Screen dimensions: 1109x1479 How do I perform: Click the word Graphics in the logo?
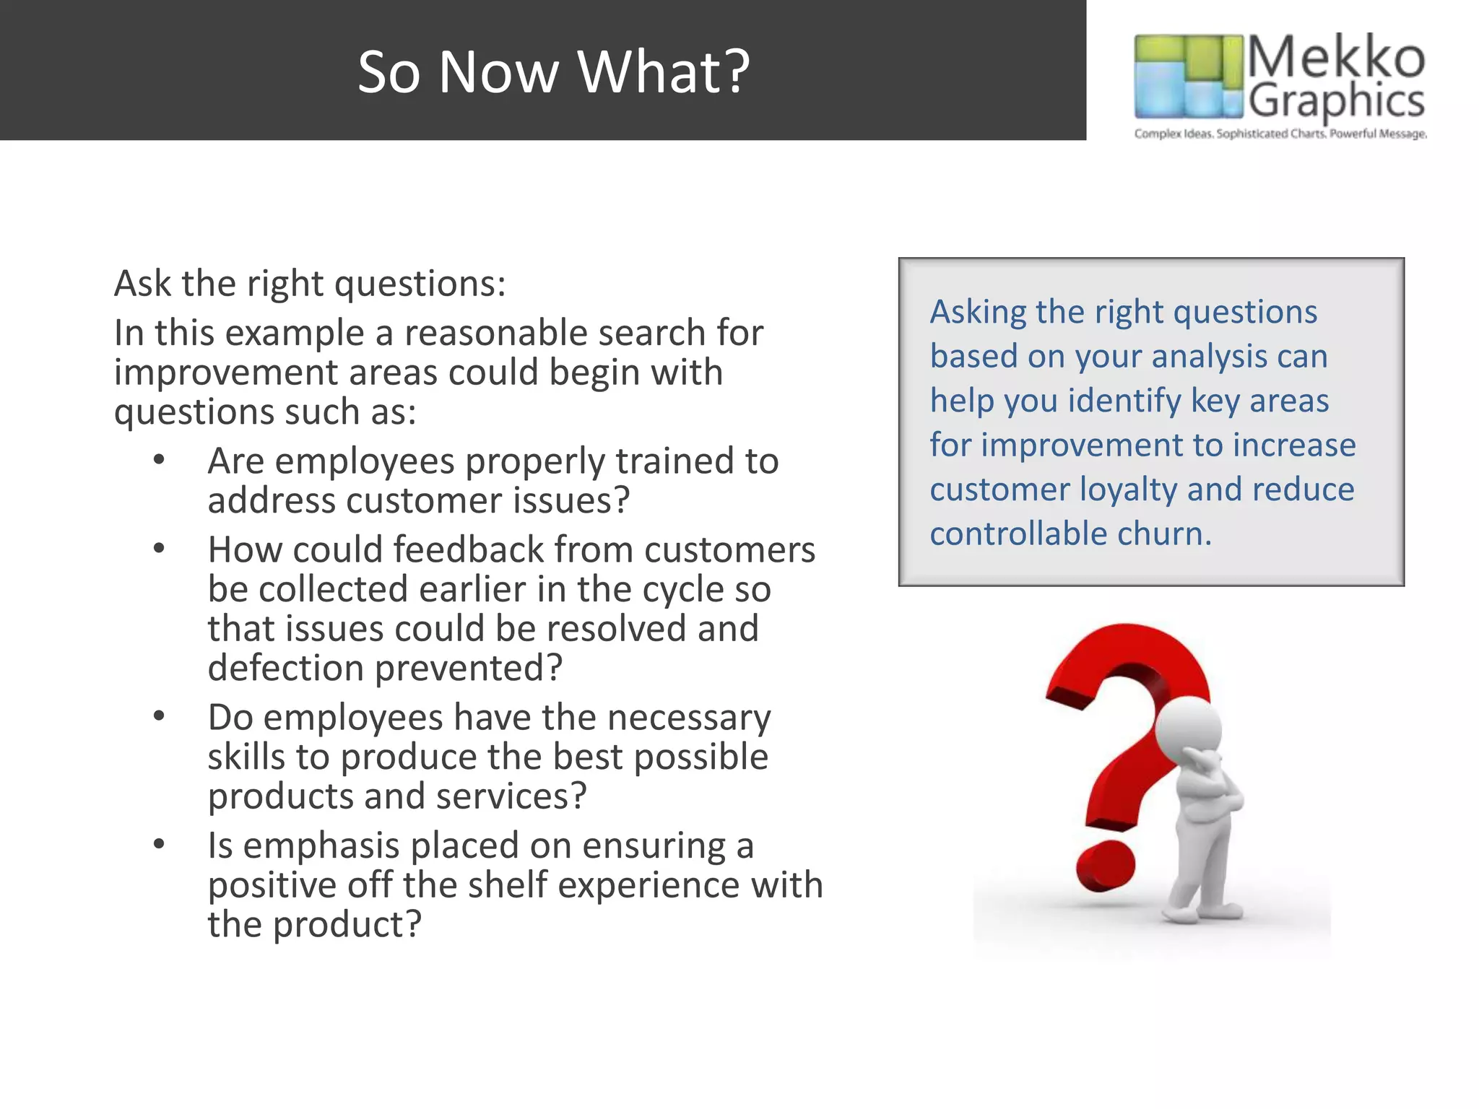(x=1336, y=101)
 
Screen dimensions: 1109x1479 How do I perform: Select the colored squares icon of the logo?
(x=1189, y=76)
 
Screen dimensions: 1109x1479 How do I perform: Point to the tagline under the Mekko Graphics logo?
(x=1280, y=134)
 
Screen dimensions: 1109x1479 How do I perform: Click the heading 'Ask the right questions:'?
(x=310, y=283)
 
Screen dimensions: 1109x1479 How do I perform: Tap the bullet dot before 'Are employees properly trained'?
(x=159, y=460)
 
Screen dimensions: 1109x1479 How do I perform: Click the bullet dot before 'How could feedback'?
(x=159, y=549)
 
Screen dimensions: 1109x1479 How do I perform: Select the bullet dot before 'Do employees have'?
(x=159, y=716)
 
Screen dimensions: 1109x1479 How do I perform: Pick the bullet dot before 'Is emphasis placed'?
(x=159, y=844)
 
